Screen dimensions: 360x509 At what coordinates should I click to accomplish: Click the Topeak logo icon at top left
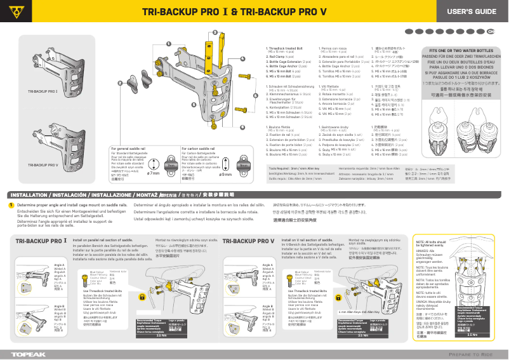click(x=13, y=12)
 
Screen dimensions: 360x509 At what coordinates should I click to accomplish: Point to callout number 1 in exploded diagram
click(x=169, y=43)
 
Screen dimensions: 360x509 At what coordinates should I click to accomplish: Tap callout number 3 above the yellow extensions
click(x=215, y=32)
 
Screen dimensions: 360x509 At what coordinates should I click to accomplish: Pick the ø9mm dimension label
click(x=225, y=173)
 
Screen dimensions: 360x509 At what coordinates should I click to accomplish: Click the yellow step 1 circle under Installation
click(x=11, y=205)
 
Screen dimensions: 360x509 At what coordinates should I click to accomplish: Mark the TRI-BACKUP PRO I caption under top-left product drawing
click(x=43, y=92)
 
